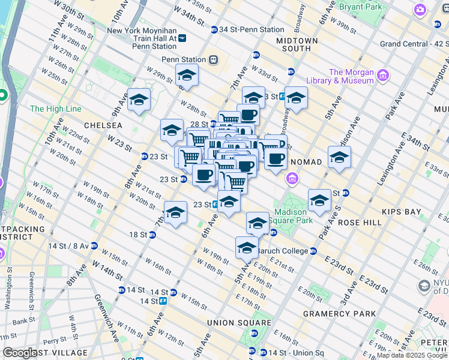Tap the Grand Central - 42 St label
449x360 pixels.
(x=414, y=44)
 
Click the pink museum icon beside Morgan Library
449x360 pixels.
(x=383, y=76)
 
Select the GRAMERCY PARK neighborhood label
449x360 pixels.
(x=339, y=314)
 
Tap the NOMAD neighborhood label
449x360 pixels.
(x=306, y=162)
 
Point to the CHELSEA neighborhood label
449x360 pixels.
(x=103, y=125)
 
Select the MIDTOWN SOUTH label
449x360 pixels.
(x=297, y=44)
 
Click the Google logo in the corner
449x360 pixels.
(x=20, y=353)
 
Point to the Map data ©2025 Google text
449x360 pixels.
(x=412, y=355)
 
